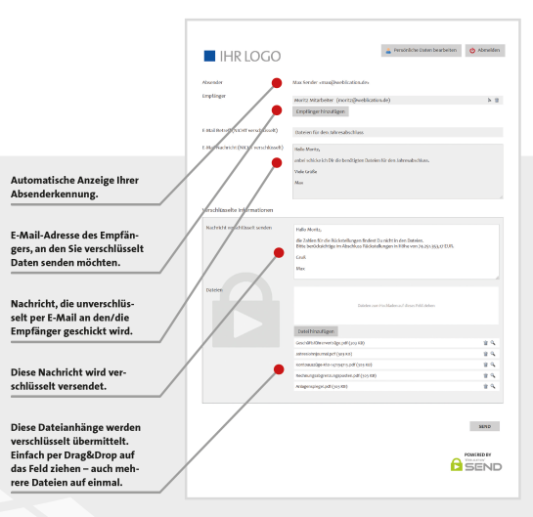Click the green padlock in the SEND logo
tap(457, 465)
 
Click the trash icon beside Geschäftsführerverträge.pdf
tap(485, 343)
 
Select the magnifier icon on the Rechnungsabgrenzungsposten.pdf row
tap(494, 375)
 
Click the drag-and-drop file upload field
tap(397, 307)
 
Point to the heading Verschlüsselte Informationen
tap(238, 210)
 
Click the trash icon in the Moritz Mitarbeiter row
tap(497, 100)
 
